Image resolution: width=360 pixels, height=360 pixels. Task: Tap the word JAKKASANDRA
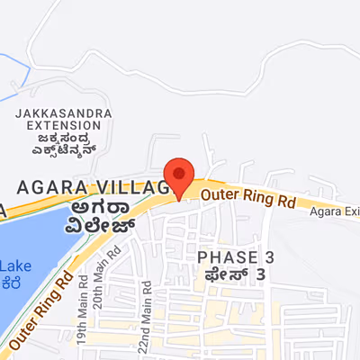point(62,113)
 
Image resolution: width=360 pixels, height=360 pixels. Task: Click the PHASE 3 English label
point(236,258)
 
